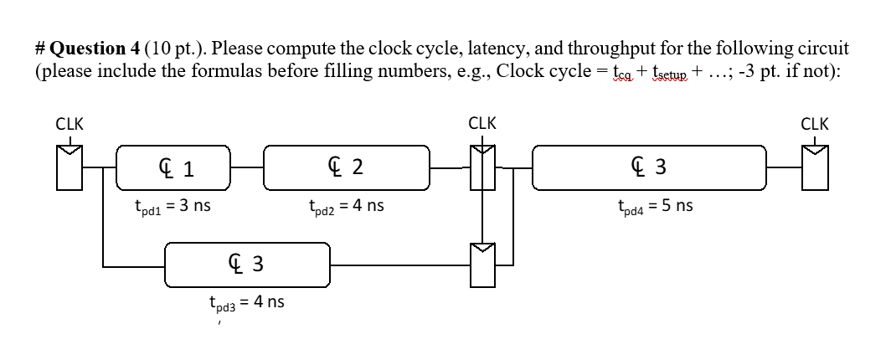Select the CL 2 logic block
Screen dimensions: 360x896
tap(347, 167)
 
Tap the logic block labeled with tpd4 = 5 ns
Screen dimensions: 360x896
tap(649, 167)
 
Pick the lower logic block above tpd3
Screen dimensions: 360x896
tap(247, 265)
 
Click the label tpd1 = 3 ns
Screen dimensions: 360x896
tap(172, 205)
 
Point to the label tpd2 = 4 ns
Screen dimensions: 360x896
tap(346, 205)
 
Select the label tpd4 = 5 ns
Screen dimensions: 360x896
tap(655, 205)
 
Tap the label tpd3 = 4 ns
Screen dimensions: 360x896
tap(246, 302)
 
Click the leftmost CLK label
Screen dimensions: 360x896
tap(70, 124)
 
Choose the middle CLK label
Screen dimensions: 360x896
tap(482, 124)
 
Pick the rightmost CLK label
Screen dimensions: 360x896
tap(814, 124)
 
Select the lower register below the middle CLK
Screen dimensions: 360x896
tap(482, 264)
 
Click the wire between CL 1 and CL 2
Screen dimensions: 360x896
tap(248, 167)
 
